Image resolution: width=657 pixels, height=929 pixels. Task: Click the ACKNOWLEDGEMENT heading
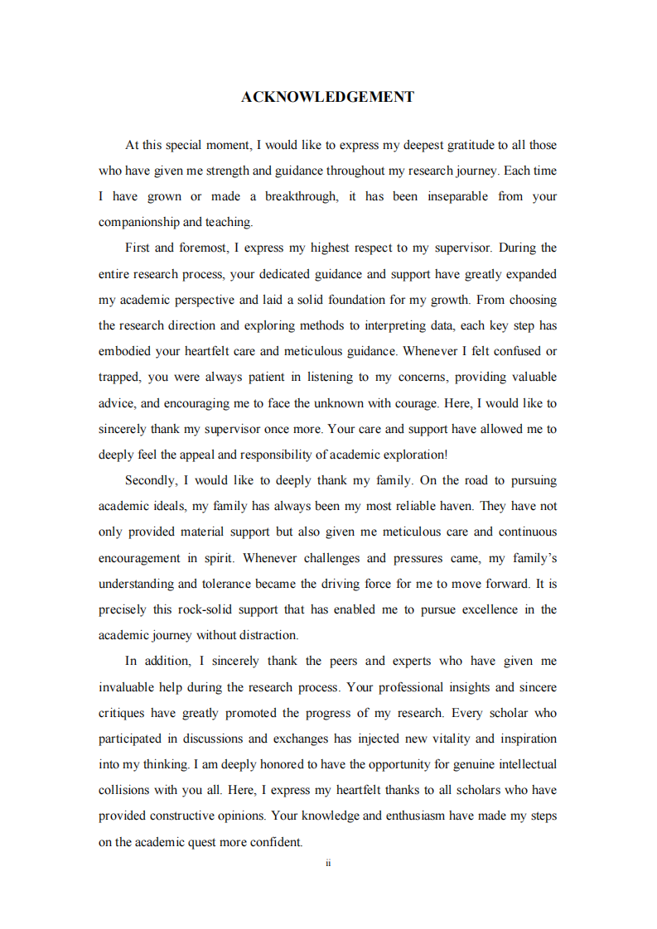click(327, 97)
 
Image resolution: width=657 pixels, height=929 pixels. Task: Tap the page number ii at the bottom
click(328, 863)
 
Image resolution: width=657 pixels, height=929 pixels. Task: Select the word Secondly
click(150, 480)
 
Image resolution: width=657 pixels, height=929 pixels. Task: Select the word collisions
click(126, 790)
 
